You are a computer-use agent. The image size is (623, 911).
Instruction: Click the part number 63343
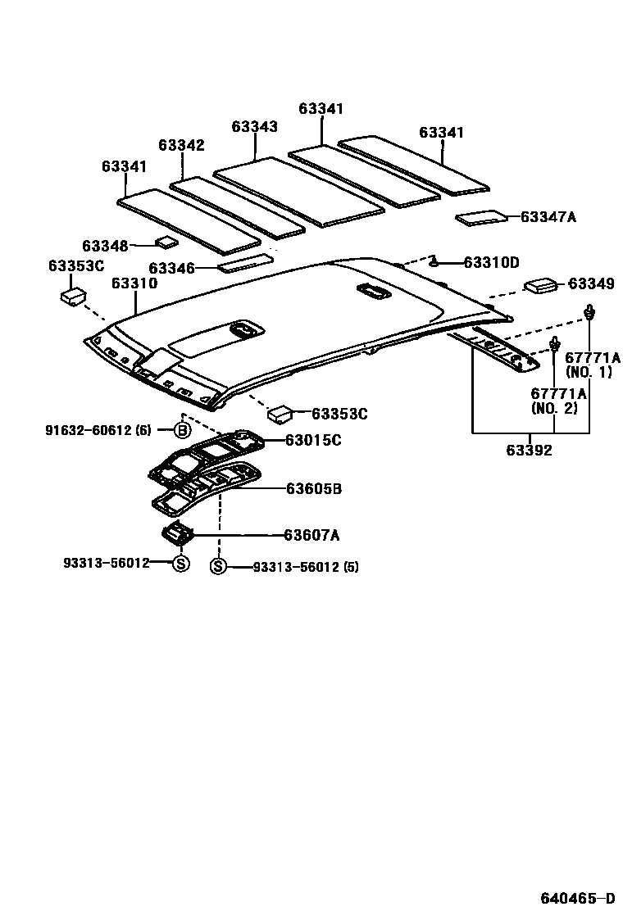pos(254,127)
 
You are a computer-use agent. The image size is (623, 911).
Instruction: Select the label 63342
pos(181,145)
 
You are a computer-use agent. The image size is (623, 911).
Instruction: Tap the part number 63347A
pos(548,217)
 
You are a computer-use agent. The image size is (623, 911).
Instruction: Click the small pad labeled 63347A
pos(482,217)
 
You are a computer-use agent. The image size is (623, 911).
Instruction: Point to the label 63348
pos(105,246)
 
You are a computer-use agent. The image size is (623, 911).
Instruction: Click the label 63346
pos(172,268)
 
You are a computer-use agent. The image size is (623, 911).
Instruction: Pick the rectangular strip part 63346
pos(244,262)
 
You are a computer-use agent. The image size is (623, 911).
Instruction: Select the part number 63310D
pos(492,263)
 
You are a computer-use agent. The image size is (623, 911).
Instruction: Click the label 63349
pos(591,284)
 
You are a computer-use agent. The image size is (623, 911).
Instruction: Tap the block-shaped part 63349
pos(541,285)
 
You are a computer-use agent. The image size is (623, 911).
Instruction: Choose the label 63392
pos(529,450)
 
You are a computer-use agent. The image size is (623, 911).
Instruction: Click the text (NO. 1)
pos(589,373)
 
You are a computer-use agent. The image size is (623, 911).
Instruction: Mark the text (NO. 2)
pos(555,407)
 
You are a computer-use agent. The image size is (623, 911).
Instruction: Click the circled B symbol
pos(182,430)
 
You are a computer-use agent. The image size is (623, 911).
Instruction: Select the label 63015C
pos(313,441)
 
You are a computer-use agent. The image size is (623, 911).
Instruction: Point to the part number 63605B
pos(314,489)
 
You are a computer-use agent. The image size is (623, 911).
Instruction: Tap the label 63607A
pos(311,536)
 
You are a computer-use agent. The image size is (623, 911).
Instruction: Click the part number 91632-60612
pos(88,430)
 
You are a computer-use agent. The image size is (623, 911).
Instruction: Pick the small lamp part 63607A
pos(180,533)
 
